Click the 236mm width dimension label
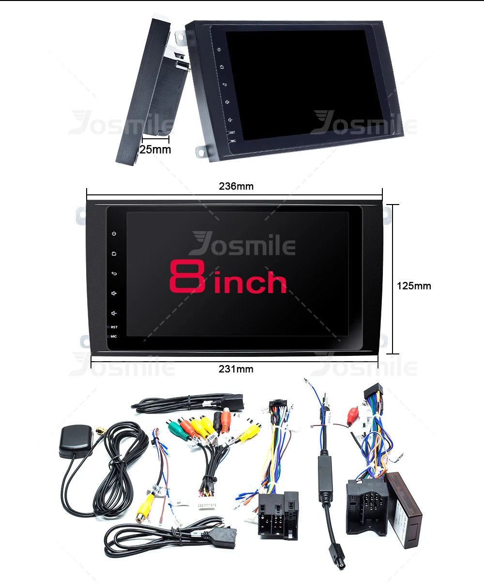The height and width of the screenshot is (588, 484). click(x=236, y=186)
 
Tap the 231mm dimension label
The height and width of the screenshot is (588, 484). click(x=236, y=369)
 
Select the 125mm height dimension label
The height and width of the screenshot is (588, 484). click(x=414, y=286)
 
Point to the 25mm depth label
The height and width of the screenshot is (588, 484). click(x=155, y=149)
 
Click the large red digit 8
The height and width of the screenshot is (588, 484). click(x=187, y=277)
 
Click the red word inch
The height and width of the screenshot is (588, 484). click(x=250, y=283)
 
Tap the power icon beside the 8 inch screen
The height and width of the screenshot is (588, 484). click(x=114, y=234)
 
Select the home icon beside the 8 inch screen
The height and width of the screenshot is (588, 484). click(x=114, y=254)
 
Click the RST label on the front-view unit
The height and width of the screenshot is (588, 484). click(x=114, y=327)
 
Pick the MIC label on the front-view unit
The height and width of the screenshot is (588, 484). click(x=114, y=336)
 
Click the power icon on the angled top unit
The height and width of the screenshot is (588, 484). click(x=219, y=50)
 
